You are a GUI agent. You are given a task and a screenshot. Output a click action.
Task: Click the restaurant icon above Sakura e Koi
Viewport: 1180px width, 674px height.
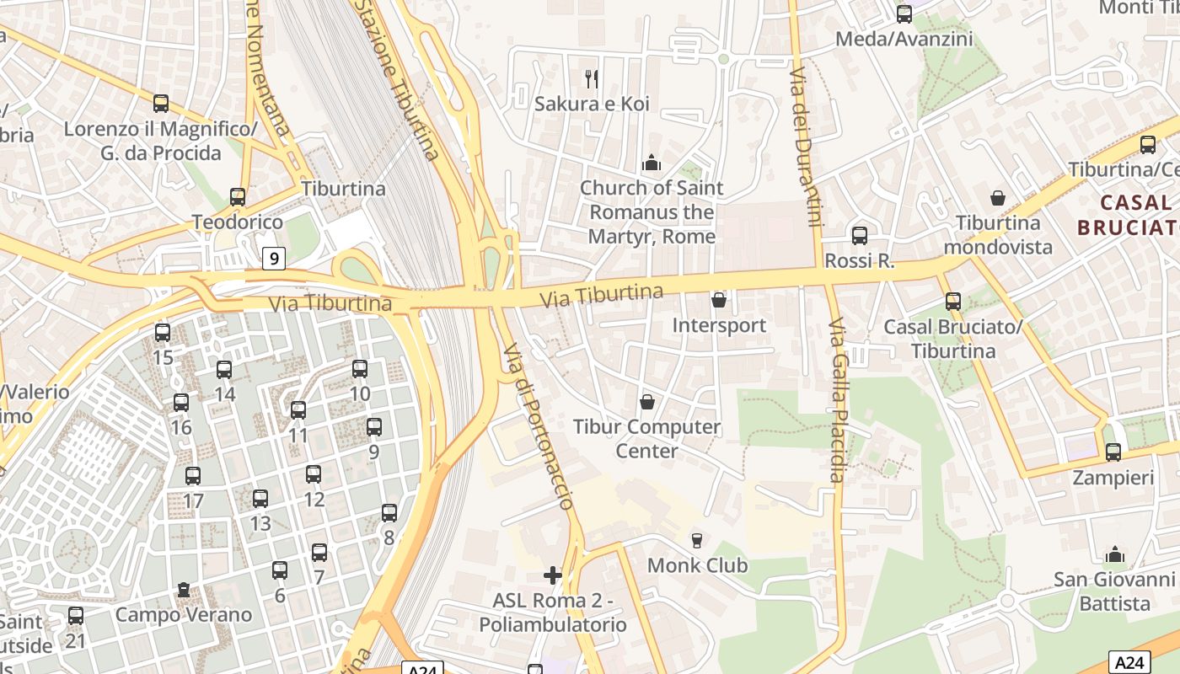click(x=592, y=79)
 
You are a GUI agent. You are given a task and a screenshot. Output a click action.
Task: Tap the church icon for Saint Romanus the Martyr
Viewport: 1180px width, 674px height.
click(x=651, y=163)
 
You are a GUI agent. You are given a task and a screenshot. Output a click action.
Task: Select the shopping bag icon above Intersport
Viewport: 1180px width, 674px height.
click(x=719, y=300)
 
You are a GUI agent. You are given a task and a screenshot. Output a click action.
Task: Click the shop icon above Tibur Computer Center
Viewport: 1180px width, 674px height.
click(x=647, y=402)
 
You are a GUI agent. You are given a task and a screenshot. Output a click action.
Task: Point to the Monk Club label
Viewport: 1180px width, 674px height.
click(x=697, y=564)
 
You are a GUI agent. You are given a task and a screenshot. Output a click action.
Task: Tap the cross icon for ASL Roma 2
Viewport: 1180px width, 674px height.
click(x=553, y=575)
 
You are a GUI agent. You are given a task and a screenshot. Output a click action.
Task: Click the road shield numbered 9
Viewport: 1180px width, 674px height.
click(x=273, y=258)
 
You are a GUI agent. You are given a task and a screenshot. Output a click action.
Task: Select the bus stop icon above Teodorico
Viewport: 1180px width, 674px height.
click(x=238, y=197)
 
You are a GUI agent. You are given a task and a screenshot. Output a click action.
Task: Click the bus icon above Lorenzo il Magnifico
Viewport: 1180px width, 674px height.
click(x=161, y=104)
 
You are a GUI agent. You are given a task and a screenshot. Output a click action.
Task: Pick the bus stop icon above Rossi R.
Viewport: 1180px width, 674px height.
click(x=860, y=236)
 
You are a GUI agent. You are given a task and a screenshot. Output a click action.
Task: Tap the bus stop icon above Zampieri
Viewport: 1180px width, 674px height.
click(x=1113, y=452)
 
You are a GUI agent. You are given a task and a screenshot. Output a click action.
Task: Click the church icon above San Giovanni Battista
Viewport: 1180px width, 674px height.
click(x=1115, y=555)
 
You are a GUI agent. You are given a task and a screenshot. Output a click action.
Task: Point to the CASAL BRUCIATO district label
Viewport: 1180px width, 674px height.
click(x=1129, y=215)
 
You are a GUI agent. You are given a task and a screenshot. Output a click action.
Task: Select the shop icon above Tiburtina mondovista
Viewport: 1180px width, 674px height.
click(x=998, y=198)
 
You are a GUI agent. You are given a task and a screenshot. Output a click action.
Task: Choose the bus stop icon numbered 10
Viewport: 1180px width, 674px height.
click(x=360, y=368)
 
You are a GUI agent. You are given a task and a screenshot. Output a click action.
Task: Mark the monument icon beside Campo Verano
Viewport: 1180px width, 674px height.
click(x=184, y=590)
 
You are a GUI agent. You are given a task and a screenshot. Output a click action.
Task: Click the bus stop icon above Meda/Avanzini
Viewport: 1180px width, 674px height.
click(x=904, y=13)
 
